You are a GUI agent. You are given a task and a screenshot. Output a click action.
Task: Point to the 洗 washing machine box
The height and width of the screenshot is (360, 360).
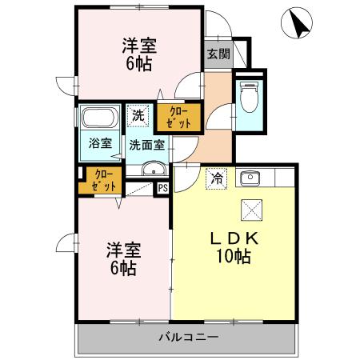tap(138, 115)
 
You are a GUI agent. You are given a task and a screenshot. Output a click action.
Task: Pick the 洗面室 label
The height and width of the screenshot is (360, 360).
tap(147, 146)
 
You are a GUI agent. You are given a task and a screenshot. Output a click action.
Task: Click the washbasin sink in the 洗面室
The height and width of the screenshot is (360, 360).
tap(152, 170)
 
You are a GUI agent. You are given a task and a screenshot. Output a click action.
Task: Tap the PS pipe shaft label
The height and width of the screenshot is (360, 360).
tap(162, 189)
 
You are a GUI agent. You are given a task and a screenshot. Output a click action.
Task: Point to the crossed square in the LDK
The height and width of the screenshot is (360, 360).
tap(250, 210)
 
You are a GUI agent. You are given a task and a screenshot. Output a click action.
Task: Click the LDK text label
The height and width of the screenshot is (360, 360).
tap(233, 238)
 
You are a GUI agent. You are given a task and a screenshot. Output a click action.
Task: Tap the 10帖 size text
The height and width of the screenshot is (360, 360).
tap(234, 257)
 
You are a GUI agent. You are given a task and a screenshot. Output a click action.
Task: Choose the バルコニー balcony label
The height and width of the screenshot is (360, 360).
tap(188, 338)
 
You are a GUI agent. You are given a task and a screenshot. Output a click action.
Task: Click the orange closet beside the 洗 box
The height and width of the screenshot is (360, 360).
tap(174, 118)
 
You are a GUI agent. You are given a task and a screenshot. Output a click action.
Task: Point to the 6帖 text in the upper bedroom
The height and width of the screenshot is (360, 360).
tap(138, 65)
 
